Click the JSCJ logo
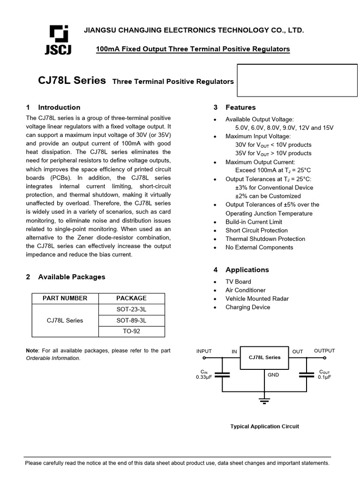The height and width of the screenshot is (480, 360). (58, 40)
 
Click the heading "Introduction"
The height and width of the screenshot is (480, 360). (59, 107)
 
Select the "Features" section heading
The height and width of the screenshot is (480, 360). (240, 107)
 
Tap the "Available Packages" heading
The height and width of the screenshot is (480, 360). (72, 277)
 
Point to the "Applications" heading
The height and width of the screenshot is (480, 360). (247, 270)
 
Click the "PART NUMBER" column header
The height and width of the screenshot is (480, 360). (65, 298)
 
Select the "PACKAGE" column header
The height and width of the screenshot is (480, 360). (131, 298)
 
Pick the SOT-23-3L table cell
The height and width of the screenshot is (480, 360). (131, 309)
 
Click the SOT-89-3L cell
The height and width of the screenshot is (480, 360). (131, 321)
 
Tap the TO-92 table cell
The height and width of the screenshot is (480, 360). (131, 331)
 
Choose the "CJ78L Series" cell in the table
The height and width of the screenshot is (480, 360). (65, 321)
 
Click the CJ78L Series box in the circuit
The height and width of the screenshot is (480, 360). (264, 358)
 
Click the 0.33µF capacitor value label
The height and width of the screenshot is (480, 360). (204, 377)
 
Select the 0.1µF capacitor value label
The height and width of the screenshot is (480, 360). (325, 377)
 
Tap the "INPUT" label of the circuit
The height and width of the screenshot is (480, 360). (204, 351)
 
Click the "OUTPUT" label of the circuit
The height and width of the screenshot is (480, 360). (324, 351)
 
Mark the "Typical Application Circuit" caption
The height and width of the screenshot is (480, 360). (264, 427)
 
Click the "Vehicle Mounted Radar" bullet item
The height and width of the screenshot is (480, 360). (257, 299)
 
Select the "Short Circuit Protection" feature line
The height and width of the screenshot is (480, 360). (256, 231)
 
